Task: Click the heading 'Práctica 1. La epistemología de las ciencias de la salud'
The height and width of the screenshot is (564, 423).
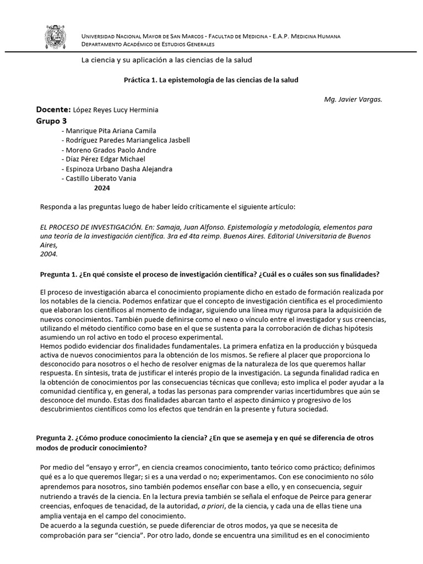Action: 211,80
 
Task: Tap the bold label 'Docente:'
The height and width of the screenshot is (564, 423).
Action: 53,110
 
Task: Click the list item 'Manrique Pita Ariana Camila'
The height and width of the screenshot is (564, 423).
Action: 110,131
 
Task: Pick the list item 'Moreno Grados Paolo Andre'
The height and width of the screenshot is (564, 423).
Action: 110,150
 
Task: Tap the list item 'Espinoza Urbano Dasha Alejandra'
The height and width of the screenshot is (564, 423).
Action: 118,169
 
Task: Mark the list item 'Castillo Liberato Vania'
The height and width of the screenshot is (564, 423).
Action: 100,178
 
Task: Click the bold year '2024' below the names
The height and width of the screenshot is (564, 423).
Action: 102,188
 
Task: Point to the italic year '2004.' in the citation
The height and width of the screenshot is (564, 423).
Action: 49,254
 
